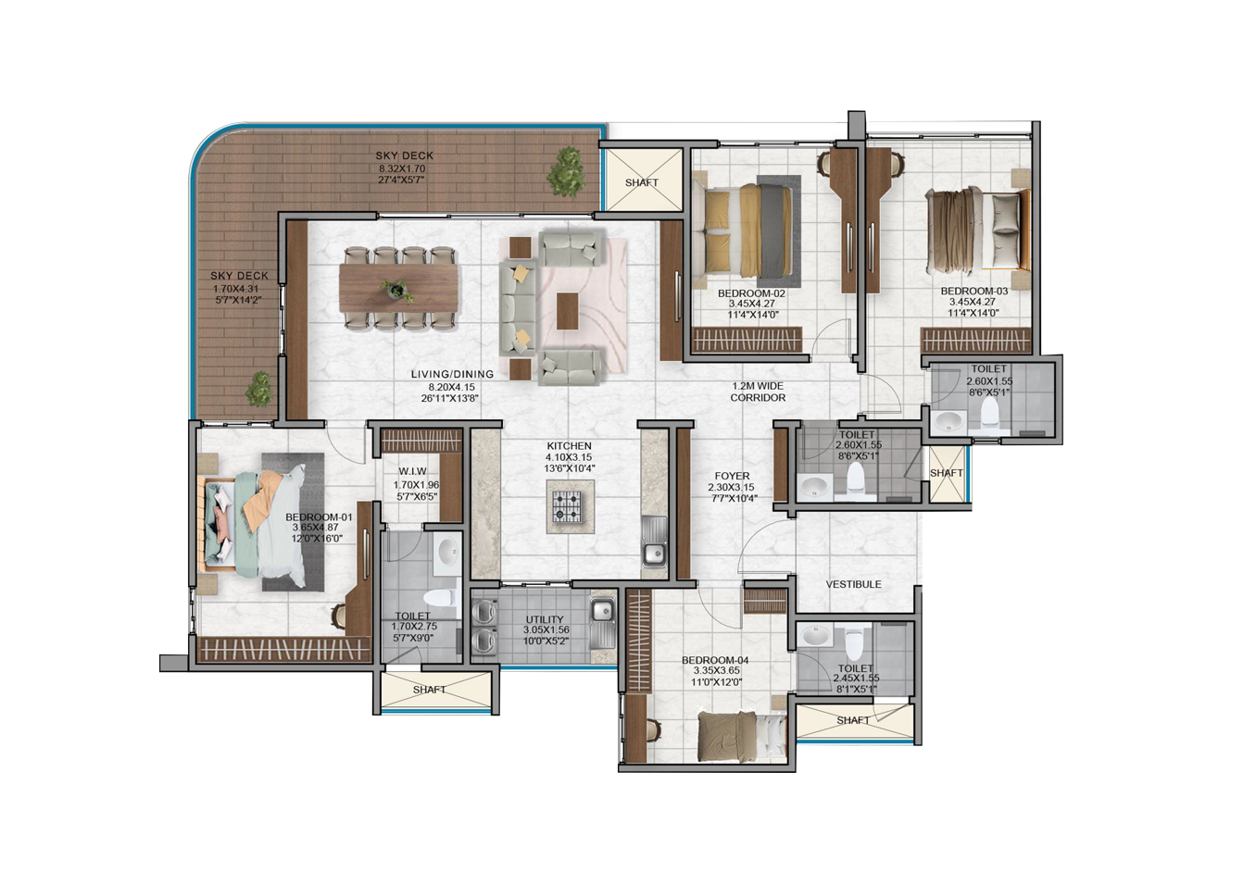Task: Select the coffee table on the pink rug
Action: click(566, 311)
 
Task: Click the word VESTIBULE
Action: click(853, 584)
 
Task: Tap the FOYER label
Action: click(733, 476)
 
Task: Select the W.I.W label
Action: click(412, 471)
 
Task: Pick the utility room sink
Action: click(602, 622)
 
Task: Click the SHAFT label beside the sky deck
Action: click(642, 182)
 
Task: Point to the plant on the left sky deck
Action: click(260, 389)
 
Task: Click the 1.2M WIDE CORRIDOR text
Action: click(758, 392)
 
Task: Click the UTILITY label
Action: click(545, 619)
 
